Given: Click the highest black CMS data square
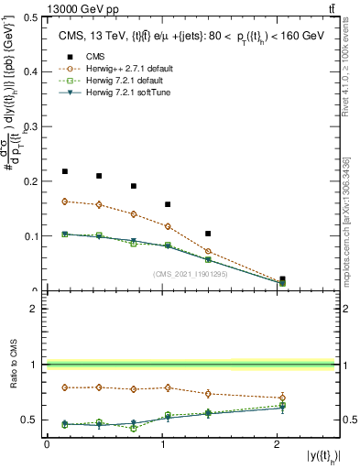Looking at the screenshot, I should [65, 171].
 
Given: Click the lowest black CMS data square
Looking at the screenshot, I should [282, 279].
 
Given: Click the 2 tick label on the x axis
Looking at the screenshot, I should [278, 443].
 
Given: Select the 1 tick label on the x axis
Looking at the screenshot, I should [162, 443].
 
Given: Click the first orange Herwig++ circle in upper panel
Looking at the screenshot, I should [65, 202].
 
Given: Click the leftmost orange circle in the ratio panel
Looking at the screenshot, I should [65, 387].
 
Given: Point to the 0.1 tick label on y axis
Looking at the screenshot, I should [33, 236].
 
